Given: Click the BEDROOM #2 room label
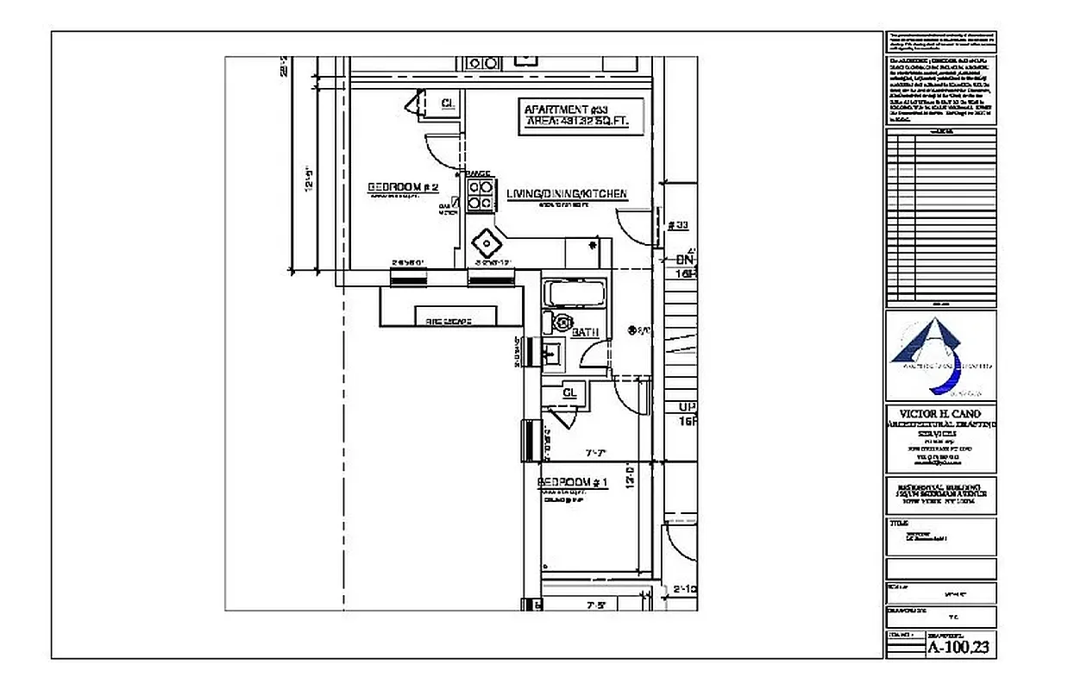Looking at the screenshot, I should coord(404,187).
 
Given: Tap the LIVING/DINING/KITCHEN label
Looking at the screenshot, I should coord(566,194).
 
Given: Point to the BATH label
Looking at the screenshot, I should coord(585,332).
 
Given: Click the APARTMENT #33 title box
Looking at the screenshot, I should coord(577,116).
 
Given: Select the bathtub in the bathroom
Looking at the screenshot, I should coord(574,292).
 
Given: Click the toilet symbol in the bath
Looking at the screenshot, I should coord(561,323).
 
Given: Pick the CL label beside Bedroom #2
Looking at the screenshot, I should coord(448,103).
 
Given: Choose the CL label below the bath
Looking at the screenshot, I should coord(569,392).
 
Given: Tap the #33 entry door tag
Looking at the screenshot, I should coord(678,226).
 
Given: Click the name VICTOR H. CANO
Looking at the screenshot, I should coord(940,413).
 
